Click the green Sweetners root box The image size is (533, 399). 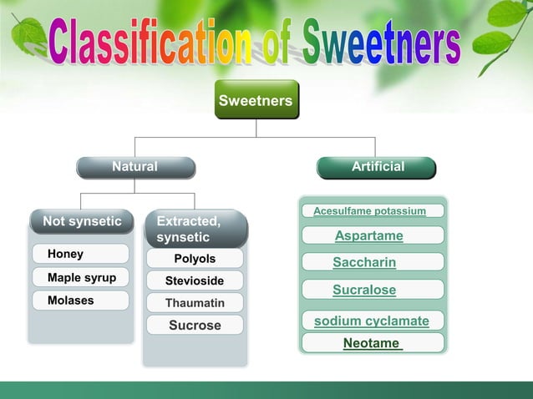[x=256, y=101]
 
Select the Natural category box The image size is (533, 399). [x=135, y=167]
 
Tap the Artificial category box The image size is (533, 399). [x=377, y=167]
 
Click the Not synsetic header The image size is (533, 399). [x=81, y=222]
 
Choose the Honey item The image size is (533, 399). [x=80, y=254]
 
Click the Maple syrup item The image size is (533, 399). [x=81, y=277]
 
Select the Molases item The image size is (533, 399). [x=80, y=301]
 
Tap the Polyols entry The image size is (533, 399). [x=195, y=259]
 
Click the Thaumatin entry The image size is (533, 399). [x=195, y=303]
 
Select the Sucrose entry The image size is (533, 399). [x=195, y=326]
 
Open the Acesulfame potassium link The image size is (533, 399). [x=370, y=211]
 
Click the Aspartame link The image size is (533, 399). [x=369, y=236]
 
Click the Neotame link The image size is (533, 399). [x=373, y=343]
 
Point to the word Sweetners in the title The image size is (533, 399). [x=381, y=43]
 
